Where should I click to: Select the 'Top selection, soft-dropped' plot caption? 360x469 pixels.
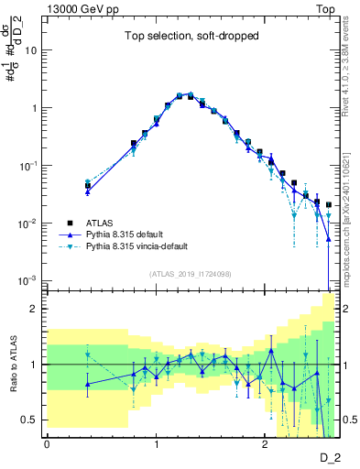[x=191, y=37]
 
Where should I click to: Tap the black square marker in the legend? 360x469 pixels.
[x=70, y=222]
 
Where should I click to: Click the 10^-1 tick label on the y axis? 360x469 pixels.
[x=29, y=166]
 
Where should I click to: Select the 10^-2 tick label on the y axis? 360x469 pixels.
[x=29, y=224]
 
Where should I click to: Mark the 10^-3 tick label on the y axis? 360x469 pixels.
[x=29, y=280]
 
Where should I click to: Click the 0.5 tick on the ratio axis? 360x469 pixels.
[x=31, y=420]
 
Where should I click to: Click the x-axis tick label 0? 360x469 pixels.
[x=48, y=444]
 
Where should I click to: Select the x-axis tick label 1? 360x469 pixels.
[x=156, y=444]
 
